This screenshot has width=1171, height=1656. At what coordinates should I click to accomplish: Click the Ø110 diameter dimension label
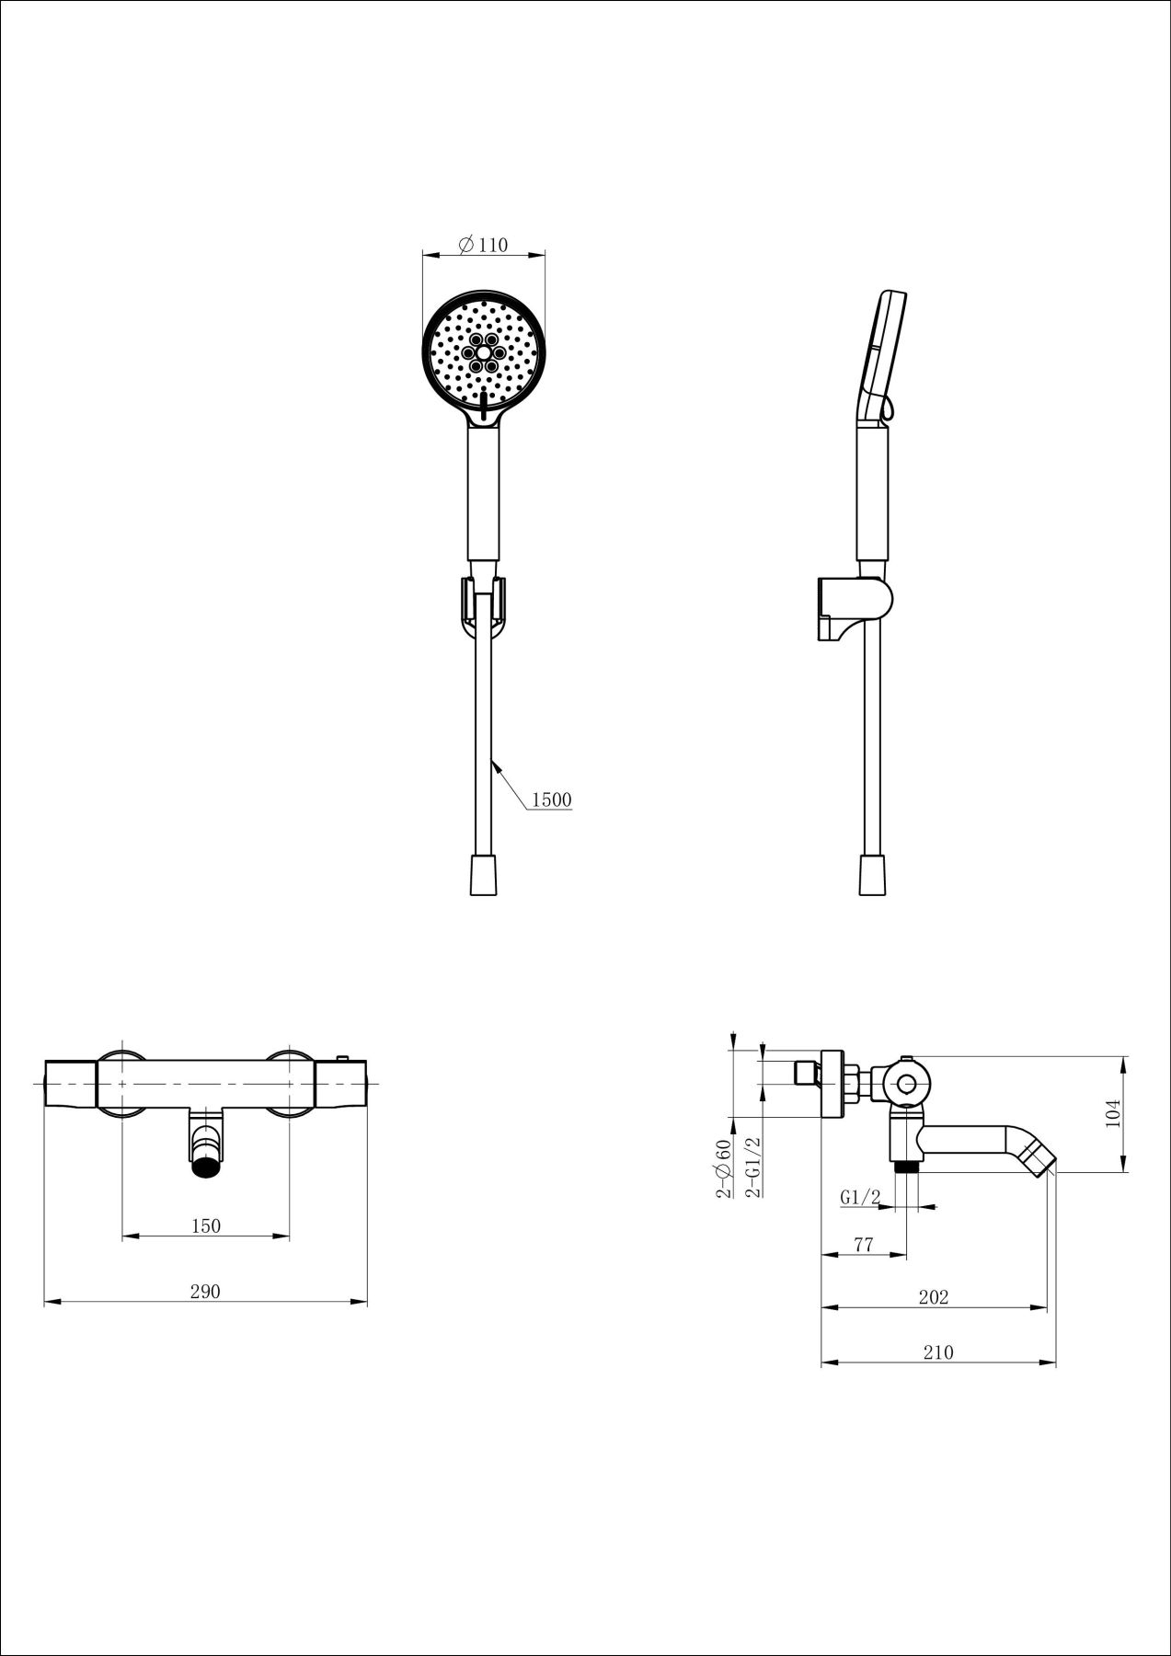point(482,245)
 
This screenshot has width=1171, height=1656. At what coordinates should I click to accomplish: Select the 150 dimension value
point(206,1225)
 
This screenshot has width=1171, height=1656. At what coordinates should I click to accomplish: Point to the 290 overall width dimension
point(205,1291)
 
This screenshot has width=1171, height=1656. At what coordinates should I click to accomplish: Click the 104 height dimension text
point(1113,1115)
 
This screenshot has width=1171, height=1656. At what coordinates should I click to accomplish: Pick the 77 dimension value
point(863,1245)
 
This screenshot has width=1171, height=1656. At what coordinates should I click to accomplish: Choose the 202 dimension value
point(933,1297)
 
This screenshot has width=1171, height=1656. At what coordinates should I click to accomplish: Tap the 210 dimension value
point(938,1351)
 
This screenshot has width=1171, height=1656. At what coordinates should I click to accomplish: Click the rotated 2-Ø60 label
point(724,1168)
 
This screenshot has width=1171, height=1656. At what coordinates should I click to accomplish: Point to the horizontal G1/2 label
point(860,1198)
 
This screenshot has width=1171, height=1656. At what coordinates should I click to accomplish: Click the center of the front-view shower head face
point(483,352)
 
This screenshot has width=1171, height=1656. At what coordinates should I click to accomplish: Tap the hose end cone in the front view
point(482,875)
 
